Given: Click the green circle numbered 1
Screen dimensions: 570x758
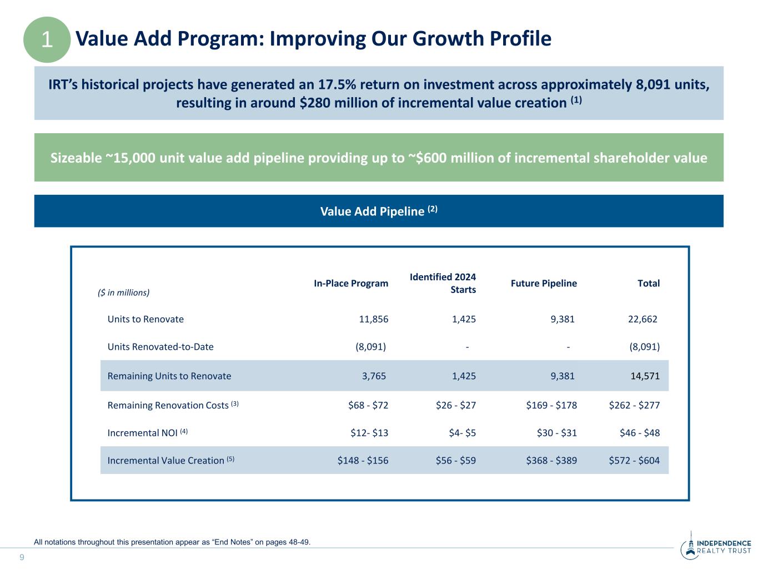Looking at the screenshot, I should (47, 39).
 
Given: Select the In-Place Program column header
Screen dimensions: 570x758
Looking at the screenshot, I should (351, 284).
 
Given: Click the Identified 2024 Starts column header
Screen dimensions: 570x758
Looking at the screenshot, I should (443, 283).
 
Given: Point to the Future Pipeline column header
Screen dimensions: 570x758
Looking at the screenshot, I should (544, 284).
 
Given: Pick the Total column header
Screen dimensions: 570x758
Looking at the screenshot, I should (649, 284).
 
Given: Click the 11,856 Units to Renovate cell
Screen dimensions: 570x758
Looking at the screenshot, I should (374, 319).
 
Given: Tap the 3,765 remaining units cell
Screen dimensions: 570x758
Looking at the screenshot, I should (374, 376).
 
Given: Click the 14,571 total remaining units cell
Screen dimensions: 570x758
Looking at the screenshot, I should (645, 376).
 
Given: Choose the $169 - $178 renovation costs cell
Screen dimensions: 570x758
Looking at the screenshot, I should (551, 405).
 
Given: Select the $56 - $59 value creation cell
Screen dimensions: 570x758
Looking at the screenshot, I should (456, 460).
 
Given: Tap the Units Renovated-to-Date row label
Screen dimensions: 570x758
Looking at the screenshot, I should (160, 347).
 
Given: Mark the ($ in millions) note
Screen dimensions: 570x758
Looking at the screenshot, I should (123, 292).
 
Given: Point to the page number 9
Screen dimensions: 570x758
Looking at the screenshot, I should (22, 557).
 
